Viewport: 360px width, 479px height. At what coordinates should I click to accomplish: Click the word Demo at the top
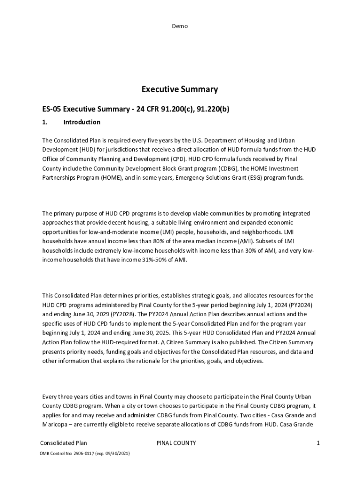(x=180, y=26)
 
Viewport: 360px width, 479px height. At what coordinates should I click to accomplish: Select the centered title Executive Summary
(x=180, y=89)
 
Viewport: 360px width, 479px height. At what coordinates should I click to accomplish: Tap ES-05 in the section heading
(x=51, y=109)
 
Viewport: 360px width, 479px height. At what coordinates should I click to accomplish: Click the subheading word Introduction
(x=81, y=122)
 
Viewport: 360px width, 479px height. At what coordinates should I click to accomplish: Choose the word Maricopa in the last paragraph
(x=56, y=424)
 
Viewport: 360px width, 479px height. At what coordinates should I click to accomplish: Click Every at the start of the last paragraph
(x=50, y=397)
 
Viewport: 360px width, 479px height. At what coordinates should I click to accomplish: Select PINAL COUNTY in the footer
(x=176, y=443)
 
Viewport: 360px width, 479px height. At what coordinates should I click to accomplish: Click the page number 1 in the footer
(x=317, y=443)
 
